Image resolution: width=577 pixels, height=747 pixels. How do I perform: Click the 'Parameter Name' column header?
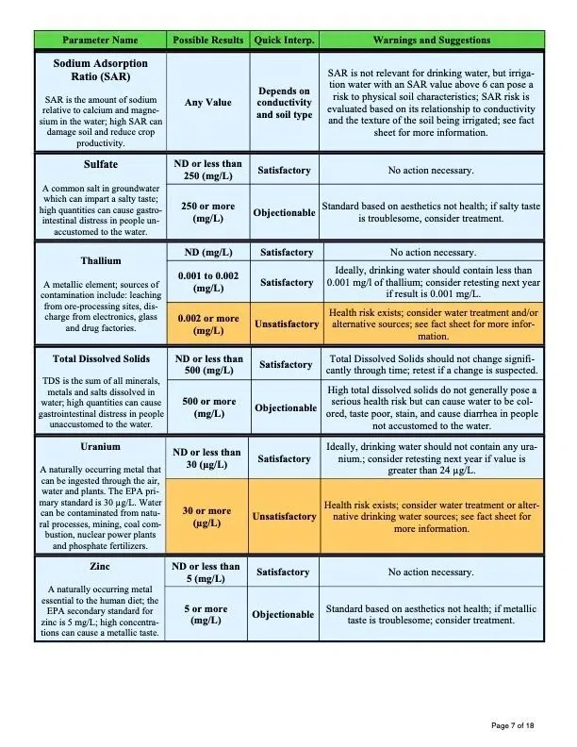click(x=100, y=41)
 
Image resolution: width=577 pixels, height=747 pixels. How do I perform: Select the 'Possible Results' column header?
click(x=207, y=41)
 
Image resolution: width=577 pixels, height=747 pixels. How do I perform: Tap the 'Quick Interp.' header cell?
click(x=285, y=41)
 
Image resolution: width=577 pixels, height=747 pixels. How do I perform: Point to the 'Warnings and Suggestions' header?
click(x=431, y=41)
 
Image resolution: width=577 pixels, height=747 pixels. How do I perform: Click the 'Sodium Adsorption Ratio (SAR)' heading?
click(x=100, y=70)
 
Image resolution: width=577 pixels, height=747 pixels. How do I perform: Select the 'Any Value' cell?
click(x=207, y=103)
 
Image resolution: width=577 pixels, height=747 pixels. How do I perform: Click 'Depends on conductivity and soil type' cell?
click(x=285, y=103)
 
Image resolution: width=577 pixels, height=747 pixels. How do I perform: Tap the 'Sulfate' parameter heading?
click(x=100, y=164)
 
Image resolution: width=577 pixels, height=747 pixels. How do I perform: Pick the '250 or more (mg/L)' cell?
click(x=207, y=212)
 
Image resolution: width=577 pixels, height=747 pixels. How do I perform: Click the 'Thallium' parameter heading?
click(x=100, y=260)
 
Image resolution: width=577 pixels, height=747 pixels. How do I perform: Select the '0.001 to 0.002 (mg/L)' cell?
click(x=207, y=282)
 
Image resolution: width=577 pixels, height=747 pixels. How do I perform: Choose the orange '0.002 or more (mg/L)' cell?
click(x=207, y=324)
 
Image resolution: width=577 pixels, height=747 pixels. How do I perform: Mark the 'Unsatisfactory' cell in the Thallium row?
click(x=285, y=324)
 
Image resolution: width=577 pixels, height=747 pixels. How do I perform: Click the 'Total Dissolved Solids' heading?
click(x=100, y=359)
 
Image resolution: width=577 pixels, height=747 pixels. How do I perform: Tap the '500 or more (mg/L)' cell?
click(x=207, y=407)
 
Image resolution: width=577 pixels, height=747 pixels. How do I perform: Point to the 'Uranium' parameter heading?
click(x=100, y=446)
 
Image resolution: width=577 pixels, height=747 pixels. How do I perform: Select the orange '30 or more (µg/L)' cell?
click(x=207, y=517)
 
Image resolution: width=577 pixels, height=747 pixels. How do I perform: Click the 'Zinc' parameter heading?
click(x=100, y=568)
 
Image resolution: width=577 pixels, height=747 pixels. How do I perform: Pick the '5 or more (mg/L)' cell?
click(x=207, y=615)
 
